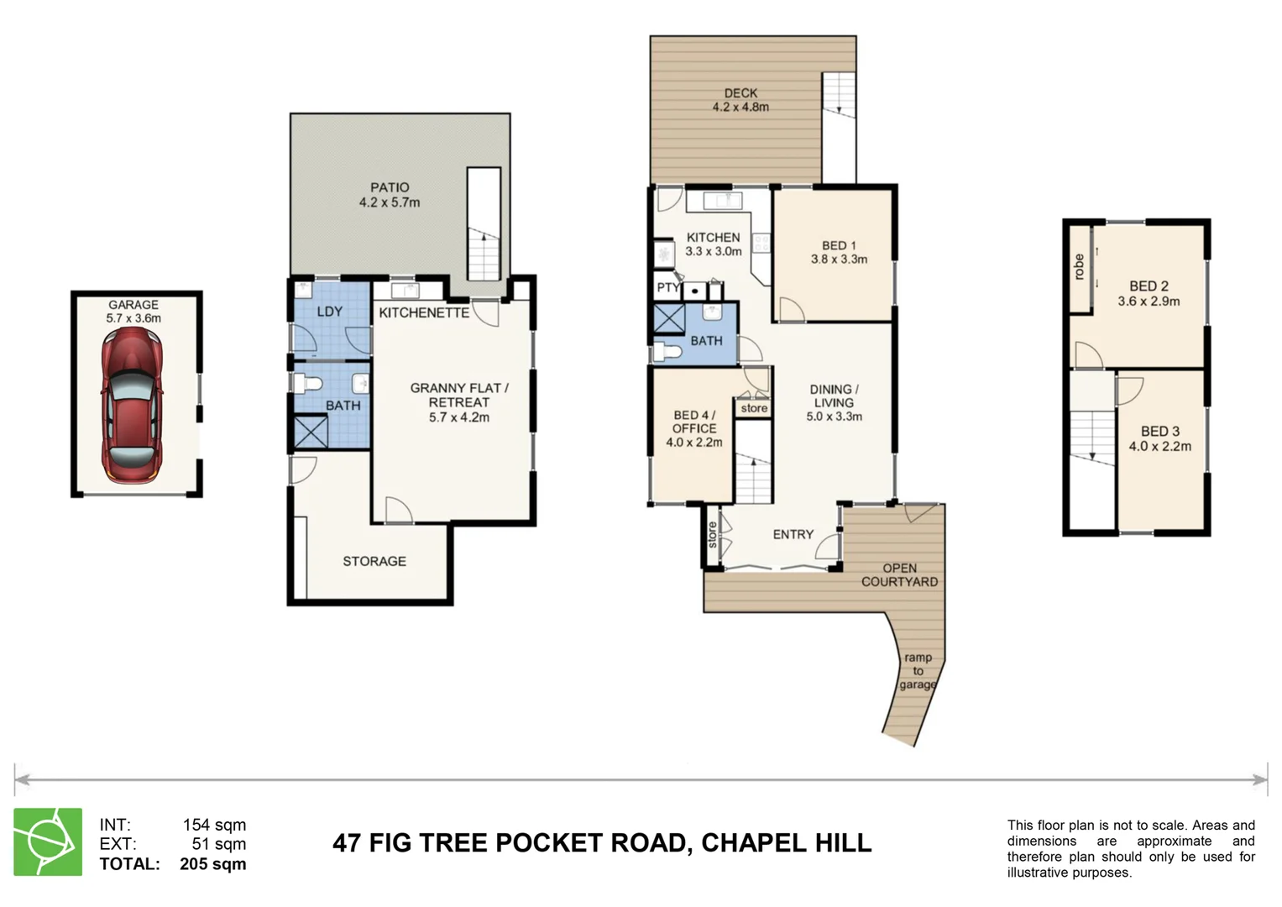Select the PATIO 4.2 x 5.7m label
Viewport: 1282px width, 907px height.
point(390,195)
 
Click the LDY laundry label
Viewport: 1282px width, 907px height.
point(329,312)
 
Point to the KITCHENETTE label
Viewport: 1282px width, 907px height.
point(424,312)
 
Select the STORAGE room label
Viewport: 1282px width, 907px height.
point(374,561)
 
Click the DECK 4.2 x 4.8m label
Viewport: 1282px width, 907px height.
point(740,100)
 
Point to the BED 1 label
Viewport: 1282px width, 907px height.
point(839,252)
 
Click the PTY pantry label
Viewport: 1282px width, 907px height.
point(667,288)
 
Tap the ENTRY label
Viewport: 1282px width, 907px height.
point(793,534)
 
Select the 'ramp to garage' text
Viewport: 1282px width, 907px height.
point(918,671)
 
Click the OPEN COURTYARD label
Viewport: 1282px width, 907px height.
point(899,574)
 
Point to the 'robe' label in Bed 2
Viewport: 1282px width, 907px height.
point(1079,267)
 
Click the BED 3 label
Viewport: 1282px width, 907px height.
point(1159,438)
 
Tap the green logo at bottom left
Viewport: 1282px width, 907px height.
point(48,841)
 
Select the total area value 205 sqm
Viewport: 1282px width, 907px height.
point(212,864)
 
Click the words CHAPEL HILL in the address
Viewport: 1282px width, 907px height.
point(786,842)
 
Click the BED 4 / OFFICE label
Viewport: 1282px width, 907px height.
point(693,428)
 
